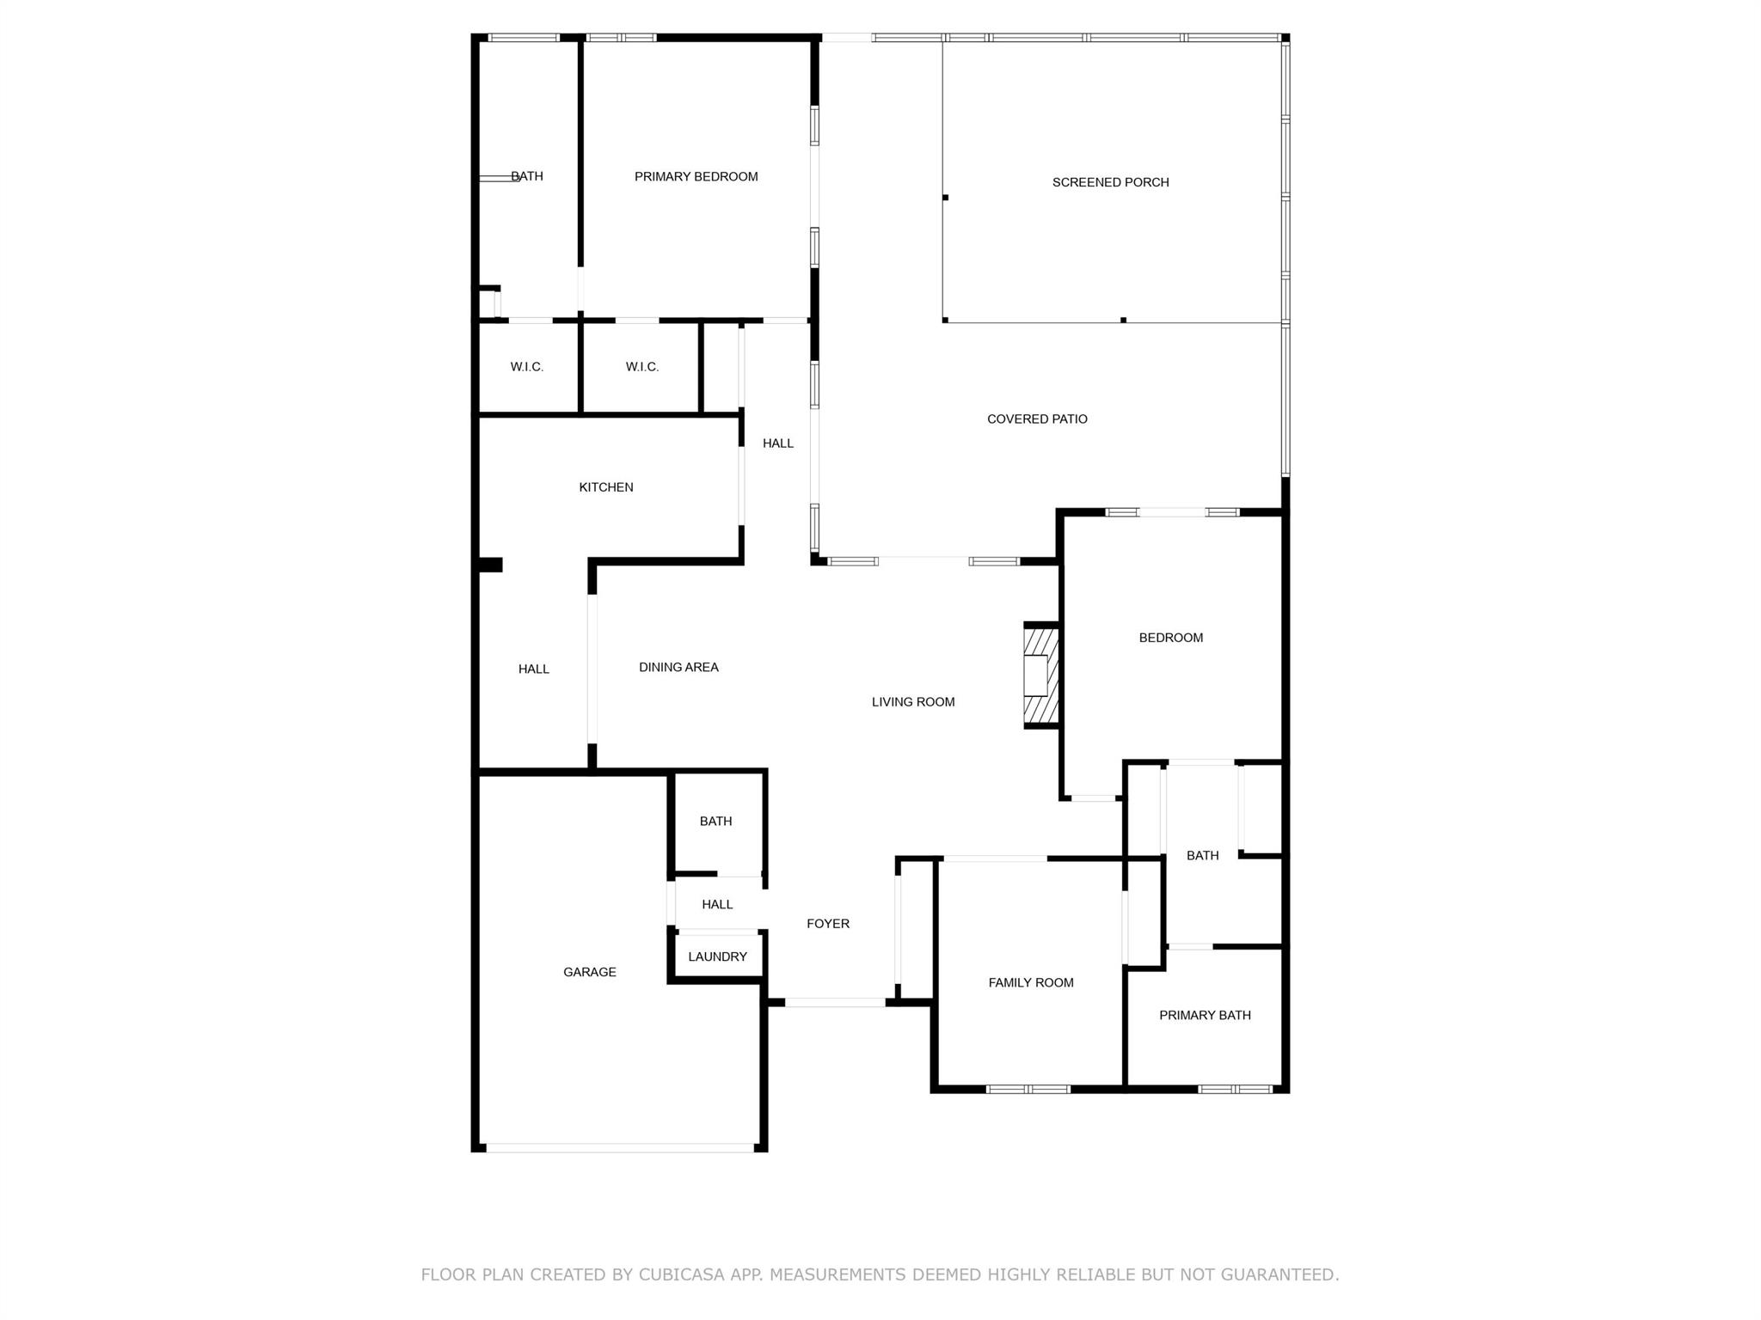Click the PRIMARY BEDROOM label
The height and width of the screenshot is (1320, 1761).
[x=696, y=177]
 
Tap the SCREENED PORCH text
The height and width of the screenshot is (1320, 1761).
[x=1110, y=182]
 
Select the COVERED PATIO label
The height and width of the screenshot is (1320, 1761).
[x=1037, y=419]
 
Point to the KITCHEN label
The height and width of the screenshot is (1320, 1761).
[x=606, y=487]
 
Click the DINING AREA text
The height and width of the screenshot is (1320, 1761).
[x=678, y=667]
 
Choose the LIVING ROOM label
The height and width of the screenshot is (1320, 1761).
[x=913, y=702]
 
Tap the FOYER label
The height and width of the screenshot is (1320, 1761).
[x=828, y=924]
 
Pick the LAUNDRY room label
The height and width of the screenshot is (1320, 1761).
[x=717, y=956]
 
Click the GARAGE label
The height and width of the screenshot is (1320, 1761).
[x=590, y=972]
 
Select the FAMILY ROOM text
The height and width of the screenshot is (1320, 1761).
[x=1031, y=982]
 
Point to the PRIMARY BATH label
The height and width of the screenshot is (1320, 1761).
[x=1205, y=1015]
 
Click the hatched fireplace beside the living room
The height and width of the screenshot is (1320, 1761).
[x=1040, y=675]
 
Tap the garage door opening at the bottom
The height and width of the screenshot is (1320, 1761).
[x=619, y=1148]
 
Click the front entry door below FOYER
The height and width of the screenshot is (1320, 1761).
[x=835, y=1002]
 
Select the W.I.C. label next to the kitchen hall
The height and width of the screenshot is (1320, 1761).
[x=642, y=367]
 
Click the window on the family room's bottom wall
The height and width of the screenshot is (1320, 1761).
[x=1028, y=1090]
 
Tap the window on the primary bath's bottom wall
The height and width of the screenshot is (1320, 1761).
[x=1235, y=1090]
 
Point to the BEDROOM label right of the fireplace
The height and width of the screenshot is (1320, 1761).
[x=1170, y=638]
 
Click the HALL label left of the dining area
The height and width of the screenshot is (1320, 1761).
[x=533, y=669]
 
